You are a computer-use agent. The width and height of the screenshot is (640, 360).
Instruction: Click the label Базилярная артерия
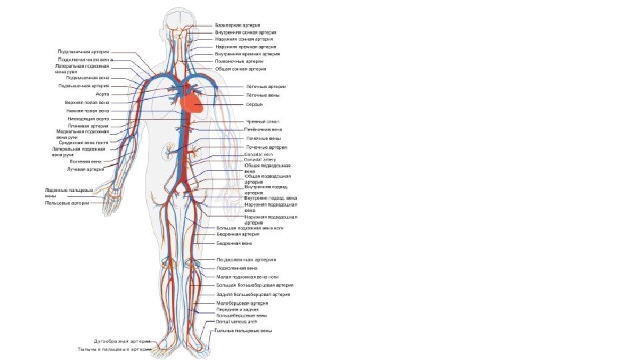coord(237,25)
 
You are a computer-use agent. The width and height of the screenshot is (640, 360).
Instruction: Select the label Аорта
coord(102,95)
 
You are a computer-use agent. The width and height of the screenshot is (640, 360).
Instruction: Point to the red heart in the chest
coord(195,99)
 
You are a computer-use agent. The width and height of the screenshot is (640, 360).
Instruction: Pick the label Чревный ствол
coord(263,121)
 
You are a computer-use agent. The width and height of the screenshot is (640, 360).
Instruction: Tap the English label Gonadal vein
coord(259,154)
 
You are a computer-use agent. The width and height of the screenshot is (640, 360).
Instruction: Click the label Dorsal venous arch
coord(241,321)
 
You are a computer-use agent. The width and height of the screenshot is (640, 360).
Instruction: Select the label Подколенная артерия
coord(246,259)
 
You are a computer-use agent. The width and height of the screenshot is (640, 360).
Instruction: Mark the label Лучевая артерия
coord(86,169)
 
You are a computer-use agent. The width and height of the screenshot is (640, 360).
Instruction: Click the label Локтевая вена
coord(86,161)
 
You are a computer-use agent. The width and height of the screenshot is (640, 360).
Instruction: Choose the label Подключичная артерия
coord(83,51)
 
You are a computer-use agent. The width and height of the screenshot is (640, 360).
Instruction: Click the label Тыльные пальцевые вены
coord(243,331)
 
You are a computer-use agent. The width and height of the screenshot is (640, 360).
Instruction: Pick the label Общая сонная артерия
coord(241,69)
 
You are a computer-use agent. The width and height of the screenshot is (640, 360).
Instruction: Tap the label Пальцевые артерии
coord(67,203)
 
